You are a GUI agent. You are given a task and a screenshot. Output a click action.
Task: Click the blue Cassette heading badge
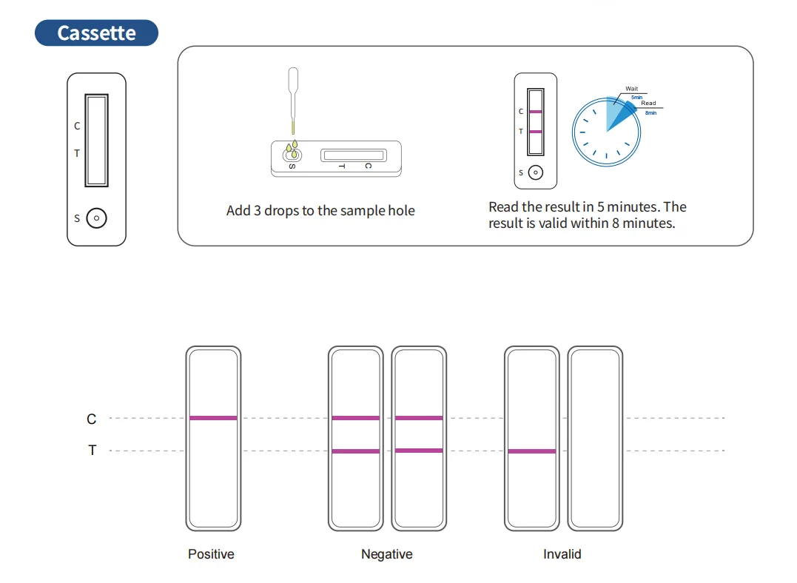click(96, 33)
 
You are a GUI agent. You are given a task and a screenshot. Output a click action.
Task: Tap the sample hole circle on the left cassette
click(96, 218)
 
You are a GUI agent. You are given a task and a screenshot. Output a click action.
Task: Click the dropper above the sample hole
click(293, 92)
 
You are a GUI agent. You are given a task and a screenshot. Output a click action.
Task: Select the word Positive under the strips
click(211, 554)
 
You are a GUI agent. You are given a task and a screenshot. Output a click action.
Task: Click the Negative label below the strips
click(386, 554)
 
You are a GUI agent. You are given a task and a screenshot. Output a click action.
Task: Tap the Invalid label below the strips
click(562, 554)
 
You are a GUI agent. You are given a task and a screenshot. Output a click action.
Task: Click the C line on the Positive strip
click(213, 418)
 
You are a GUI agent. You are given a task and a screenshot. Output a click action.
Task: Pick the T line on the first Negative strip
click(355, 451)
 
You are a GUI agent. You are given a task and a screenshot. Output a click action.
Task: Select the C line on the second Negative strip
click(419, 418)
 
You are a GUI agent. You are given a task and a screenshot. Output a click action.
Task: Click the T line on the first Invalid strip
click(531, 451)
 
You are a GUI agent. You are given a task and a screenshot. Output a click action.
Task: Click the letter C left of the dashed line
click(92, 419)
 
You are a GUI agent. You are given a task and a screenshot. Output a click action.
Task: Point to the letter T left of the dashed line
click(92, 451)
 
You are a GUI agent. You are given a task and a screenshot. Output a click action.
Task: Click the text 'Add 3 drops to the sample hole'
click(320, 211)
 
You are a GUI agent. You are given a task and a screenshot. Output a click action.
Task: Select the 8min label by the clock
click(650, 112)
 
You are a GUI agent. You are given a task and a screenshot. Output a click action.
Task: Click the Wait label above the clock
click(631, 89)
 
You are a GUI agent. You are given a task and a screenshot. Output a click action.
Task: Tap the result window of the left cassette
click(96, 140)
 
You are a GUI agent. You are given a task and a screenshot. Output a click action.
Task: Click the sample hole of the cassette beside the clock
click(536, 173)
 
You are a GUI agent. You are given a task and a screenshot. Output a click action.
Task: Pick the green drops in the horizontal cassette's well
click(293, 151)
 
